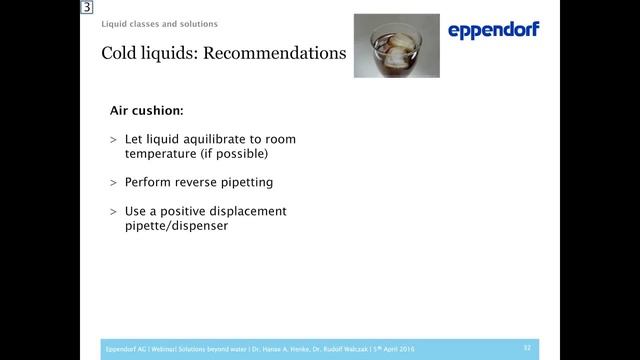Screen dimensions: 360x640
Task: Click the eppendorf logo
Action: [x=494, y=31]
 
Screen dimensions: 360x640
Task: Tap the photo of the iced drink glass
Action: [x=397, y=45]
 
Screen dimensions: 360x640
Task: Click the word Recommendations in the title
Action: [x=274, y=53]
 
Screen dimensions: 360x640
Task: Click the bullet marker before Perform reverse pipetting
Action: [x=113, y=183]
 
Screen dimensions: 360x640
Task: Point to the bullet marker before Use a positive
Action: [x=113, y=211]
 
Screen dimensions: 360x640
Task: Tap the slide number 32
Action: [x=526, y=348]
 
